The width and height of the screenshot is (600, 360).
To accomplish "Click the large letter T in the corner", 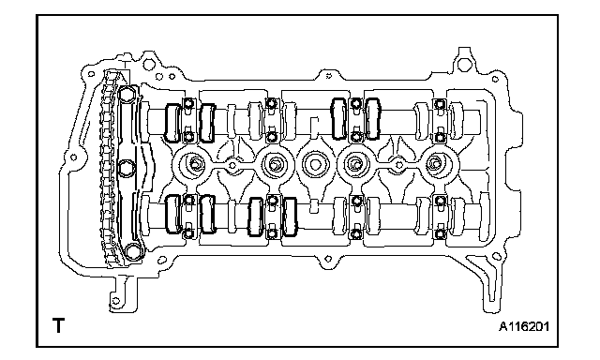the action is pos(58,325).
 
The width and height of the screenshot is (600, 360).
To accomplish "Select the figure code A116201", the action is pos(524,326).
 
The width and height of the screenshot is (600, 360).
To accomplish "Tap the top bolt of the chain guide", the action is pos(127,94).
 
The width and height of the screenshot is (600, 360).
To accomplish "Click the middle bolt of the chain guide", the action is pos(126,169).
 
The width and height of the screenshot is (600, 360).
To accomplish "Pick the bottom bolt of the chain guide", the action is pos(133,251).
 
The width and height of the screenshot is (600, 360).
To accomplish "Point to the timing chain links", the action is pos(108,169).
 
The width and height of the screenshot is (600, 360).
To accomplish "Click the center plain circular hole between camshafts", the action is pos(315,165).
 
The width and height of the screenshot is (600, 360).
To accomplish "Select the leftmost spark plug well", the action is pos(195,165).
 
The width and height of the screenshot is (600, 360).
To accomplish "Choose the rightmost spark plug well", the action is pos(434,164).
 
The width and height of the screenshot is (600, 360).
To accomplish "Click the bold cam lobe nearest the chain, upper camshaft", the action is pos(172,123).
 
